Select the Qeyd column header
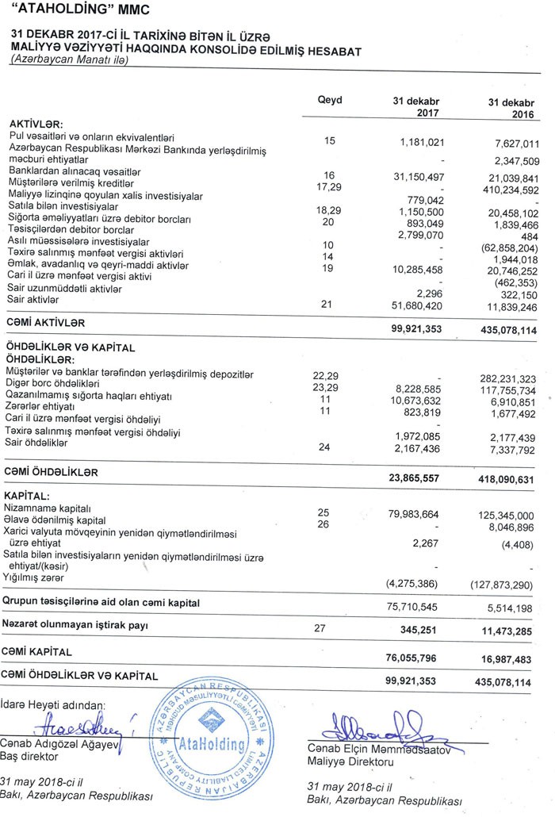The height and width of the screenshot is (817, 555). (x=329, y=101)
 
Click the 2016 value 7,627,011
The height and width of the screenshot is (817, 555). (x=512, y=144)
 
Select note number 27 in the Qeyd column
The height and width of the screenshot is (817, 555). (x=321, y=628)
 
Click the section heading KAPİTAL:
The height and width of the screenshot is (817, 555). (x=29, y=494)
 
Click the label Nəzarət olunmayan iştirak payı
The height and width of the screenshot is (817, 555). (x=76, y=624)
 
